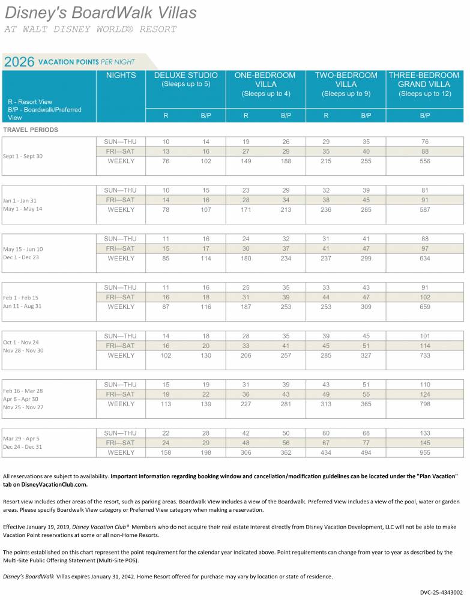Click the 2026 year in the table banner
19,62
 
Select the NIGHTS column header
121,76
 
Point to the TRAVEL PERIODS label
31,130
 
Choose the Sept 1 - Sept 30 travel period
23,156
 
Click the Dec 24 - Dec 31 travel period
23,447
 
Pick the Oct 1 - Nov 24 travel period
21,343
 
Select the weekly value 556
425,161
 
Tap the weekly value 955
425,452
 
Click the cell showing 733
425,355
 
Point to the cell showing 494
366,452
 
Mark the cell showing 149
246,161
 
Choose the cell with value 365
366,404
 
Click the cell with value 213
286,209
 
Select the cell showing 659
425,307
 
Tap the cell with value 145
425,443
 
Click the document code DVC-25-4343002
441,592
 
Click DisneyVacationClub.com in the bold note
54,484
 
